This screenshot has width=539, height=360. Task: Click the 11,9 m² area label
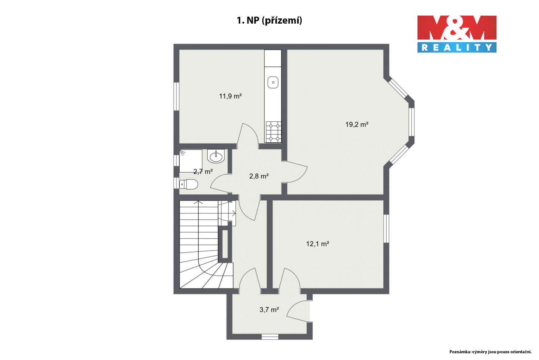point(230,96)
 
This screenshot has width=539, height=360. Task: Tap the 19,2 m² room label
point(357,124)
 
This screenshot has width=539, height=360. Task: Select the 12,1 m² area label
point(318,244)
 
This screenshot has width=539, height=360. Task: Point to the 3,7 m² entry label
point(269,310)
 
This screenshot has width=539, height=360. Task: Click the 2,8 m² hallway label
point(259,176)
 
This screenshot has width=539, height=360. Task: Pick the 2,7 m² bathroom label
point(203,172)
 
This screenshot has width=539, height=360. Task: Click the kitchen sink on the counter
point(273,82)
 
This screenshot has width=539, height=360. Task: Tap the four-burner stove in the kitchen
point(273,132)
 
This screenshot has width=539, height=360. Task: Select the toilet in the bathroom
point(189,184)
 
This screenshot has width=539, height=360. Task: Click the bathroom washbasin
point(216,156)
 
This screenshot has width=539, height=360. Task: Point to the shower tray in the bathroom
point(191,161)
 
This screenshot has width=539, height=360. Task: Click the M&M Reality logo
point(457,34)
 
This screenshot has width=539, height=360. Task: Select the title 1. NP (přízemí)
point(269,21)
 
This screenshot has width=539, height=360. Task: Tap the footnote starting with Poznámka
point(490,352)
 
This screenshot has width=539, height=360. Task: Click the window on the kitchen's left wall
point(177,97)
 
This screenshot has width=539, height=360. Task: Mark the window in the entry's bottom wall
point(270,337)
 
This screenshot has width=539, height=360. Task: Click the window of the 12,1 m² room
point(386,229)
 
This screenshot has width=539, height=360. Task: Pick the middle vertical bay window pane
point(411,122)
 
